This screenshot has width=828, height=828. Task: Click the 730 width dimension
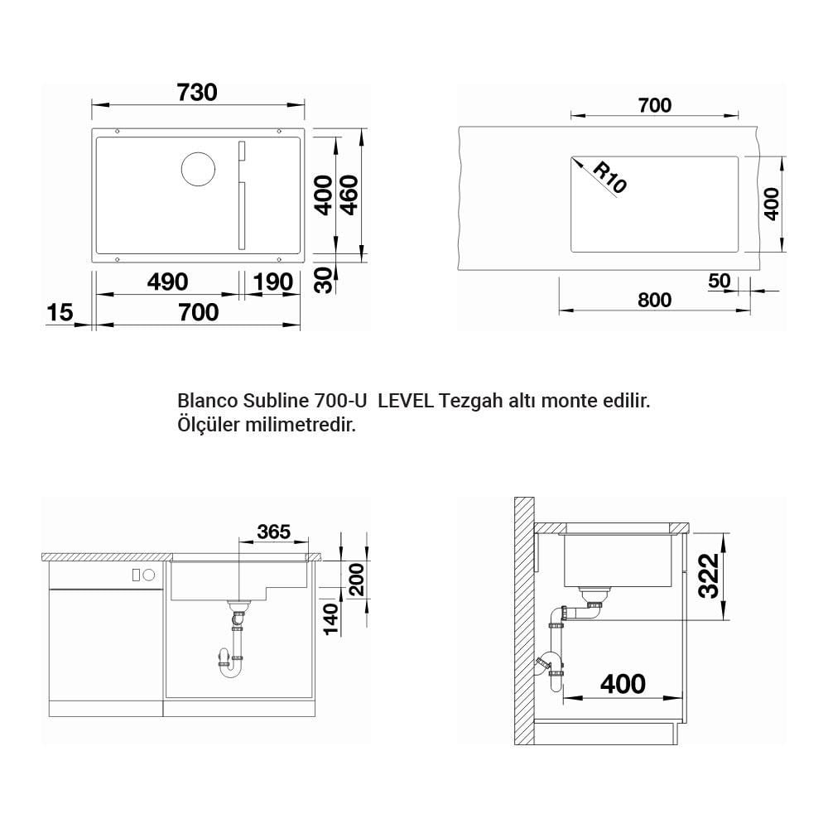[x=197, y=93]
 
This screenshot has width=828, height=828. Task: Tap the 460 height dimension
[x=349, y=195]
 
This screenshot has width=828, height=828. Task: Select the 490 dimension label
[x=167, y=282]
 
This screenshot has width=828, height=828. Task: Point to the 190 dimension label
[x=272, y=282]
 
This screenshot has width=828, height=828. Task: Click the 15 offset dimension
[x=60, y=312]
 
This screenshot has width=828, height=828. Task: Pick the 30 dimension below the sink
[x=325, y=280]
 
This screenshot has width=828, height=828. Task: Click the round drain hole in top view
[x=198, y=169]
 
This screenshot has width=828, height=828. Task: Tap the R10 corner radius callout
[x=610, y=177]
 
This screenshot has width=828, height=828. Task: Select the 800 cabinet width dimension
[x=654, y=300]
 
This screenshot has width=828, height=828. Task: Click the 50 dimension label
[x=720, y=281]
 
